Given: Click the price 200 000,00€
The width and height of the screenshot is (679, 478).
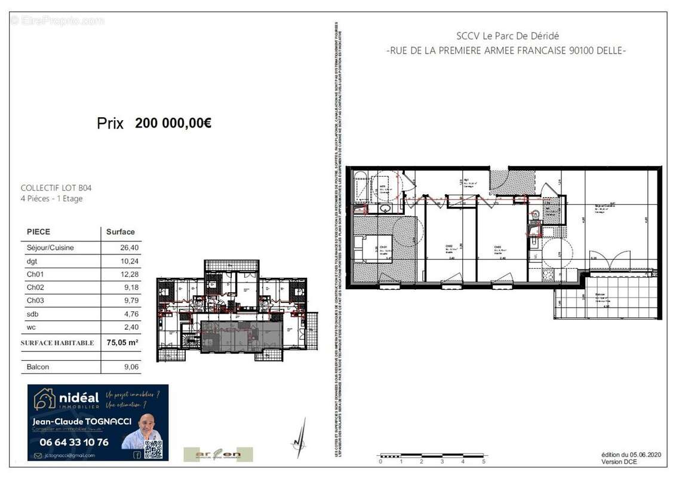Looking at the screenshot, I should [x=173, y=124].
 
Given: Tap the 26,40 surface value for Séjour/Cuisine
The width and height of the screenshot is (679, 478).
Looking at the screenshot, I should [x=130, y=247].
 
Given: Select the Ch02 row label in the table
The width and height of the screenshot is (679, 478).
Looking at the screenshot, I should [x=35, y=287].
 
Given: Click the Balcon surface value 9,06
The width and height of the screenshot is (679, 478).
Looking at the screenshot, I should [x=130, y=367].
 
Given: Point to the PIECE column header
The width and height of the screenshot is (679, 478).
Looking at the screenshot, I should [x=39, y=232].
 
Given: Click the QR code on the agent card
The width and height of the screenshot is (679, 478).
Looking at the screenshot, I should [x=153, y=449].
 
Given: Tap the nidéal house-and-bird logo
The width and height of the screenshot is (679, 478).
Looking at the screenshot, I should [x=44, y=399].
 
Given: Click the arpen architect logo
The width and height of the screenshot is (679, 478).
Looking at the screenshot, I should [x=217, y=455].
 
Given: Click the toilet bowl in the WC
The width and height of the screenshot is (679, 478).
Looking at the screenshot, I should [x=536, y=213].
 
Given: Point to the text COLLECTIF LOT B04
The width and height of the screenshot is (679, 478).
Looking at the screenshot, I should [x=56, y=188].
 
